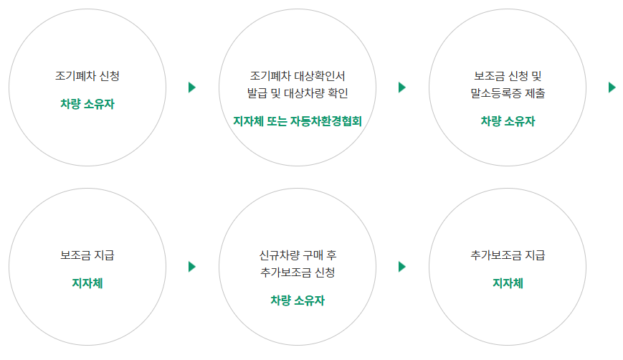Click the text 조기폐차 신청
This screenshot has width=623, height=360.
pos(87,75)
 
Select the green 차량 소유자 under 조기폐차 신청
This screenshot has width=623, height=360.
pos(87,104)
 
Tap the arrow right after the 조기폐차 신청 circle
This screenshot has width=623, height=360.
pos(192,87)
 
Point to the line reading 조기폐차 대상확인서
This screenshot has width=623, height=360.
pos(298,75)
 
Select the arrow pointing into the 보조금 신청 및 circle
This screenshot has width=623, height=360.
pos(402,87)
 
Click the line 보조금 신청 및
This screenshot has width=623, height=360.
pos(508,75)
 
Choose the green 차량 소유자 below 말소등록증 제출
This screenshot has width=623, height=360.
pos(508,121)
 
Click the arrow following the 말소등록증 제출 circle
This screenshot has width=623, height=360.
pos(612,87)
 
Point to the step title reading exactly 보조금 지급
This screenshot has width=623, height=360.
pos(87,255)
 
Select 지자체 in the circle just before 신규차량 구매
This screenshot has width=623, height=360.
pos(87,283)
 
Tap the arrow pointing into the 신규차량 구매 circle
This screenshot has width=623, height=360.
pos(192,267)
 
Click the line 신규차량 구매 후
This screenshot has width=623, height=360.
pos(298,255)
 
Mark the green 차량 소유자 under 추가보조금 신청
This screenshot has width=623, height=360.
pos(298,300)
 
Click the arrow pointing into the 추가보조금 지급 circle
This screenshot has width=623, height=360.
pos(402,267)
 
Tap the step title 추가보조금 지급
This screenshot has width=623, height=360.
pos(508,255)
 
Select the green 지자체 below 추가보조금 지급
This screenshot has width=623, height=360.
pos(508,283)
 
